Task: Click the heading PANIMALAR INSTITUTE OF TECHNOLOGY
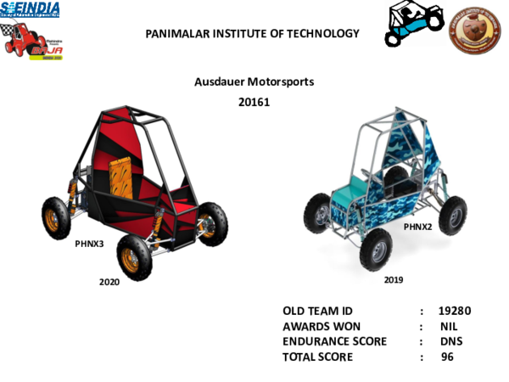point(252,34)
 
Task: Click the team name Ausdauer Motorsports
point(255,82)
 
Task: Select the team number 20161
point(255,102)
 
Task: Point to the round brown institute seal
point(474,31)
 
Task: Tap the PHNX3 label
point(90,243)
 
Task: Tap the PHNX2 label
point(417,227)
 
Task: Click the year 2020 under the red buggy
point(109,282)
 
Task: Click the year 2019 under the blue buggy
point(394,279)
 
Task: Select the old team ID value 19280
point(455,311)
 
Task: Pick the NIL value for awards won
point(449,326)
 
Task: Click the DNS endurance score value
point(451,341)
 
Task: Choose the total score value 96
point(448,357)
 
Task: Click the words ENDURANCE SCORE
point(334,341)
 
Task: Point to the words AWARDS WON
point(322,326)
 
